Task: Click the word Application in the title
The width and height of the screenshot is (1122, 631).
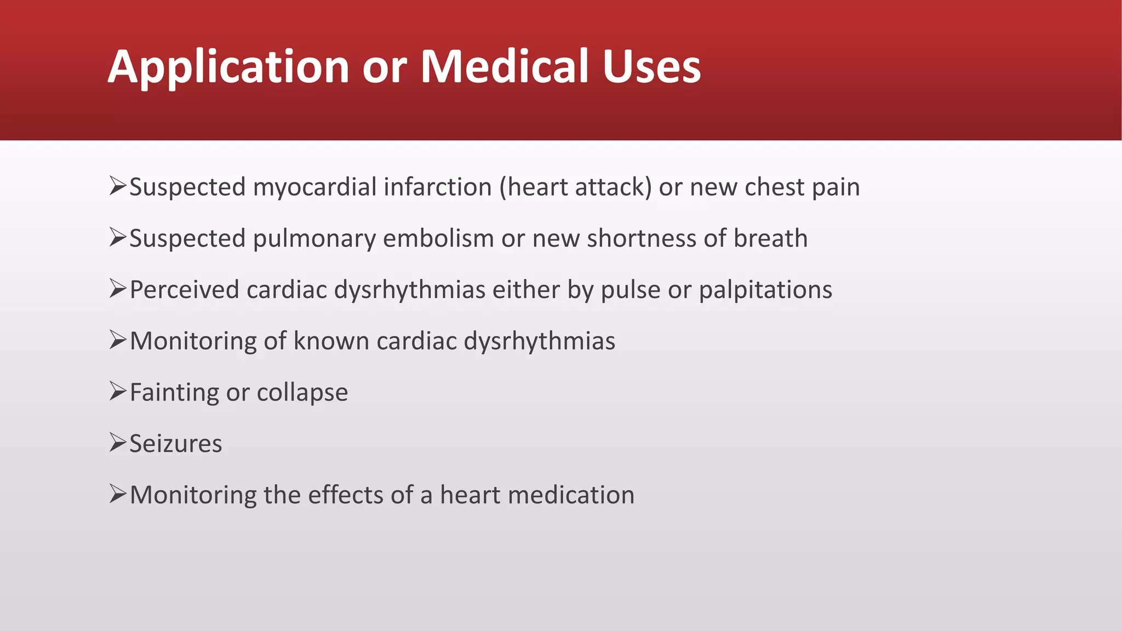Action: tap(228, 67)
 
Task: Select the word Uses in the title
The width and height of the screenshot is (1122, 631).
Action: tap(651, 67)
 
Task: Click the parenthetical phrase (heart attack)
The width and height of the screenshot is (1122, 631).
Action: tap(575, 187)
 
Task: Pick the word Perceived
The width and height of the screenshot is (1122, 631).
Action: tap(185, 290)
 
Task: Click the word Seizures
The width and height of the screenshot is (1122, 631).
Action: tap(175, 444)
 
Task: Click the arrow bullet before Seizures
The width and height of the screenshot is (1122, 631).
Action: tap(117, 443)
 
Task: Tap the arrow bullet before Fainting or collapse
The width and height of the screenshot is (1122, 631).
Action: tap(117, 391)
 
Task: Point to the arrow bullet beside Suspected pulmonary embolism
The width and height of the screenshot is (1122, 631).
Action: tap(117, 237)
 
